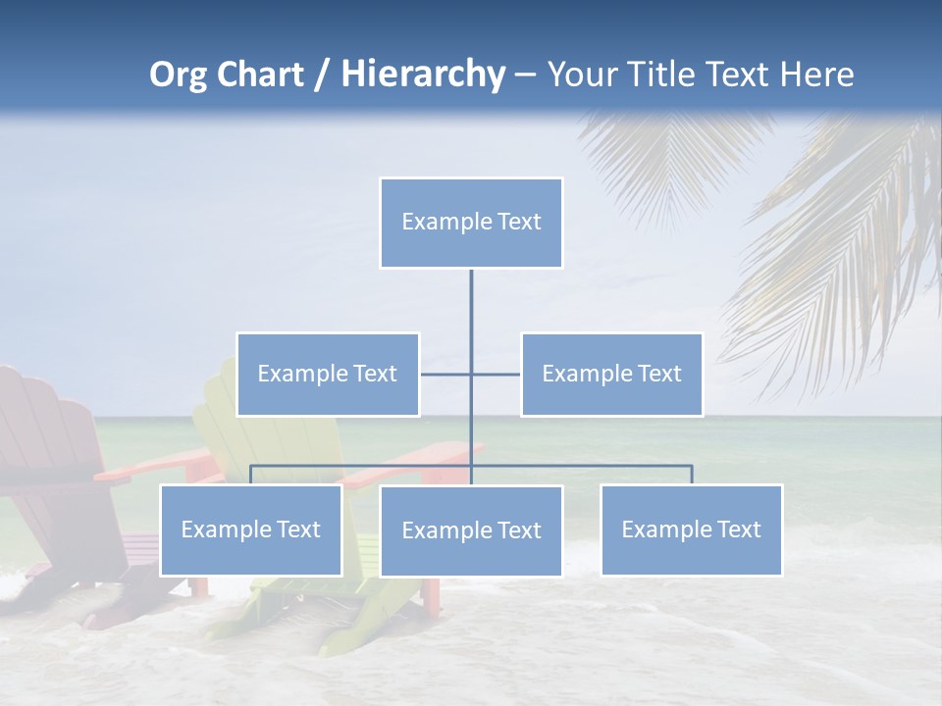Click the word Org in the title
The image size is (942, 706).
(x=180, y=75)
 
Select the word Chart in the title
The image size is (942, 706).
(x=260, y=75)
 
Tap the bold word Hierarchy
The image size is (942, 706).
(x=423, y=75)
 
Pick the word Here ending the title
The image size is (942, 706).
(x=816, y=75)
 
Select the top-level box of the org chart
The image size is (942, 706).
(x=471, y=223)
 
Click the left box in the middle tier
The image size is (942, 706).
(x=328, y=375)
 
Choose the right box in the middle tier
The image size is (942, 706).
(x=611, y=375)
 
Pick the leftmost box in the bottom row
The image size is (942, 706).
(x=250, y=530)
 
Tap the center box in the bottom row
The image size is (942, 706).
(x=471, y=531)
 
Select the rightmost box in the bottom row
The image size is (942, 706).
(x=691, y=530)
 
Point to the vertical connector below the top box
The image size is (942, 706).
(x=471, y=304)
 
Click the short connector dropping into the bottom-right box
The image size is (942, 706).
(x=691, y=475)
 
